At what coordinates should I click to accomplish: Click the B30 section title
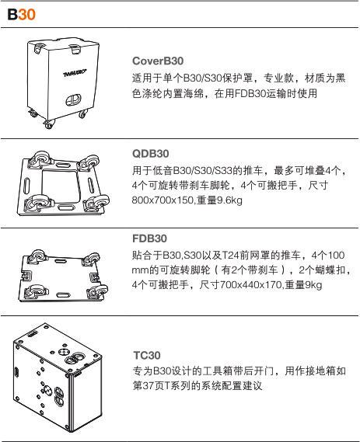(x=22, y=15)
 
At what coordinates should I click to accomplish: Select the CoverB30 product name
(x=158, y=61)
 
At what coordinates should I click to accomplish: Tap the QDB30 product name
(x=150, y=154)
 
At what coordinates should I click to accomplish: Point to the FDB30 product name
(x=149, y=238)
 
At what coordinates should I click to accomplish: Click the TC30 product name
(x=147, y=355)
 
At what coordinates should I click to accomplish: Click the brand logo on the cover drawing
(x=75, y=73)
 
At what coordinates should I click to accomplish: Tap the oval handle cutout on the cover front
(x=74, y=99)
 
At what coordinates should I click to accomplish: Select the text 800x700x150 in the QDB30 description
(x=163, y=200)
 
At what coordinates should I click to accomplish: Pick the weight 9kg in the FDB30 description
(x=313, y=285)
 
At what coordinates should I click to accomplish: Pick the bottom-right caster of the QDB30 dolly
(x=97, y=203)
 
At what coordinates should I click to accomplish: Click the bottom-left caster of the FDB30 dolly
(x=36, y=291)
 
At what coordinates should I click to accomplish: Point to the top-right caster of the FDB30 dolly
(x=91, y=259)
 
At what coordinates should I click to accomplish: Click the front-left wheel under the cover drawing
(x=49, y=124)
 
